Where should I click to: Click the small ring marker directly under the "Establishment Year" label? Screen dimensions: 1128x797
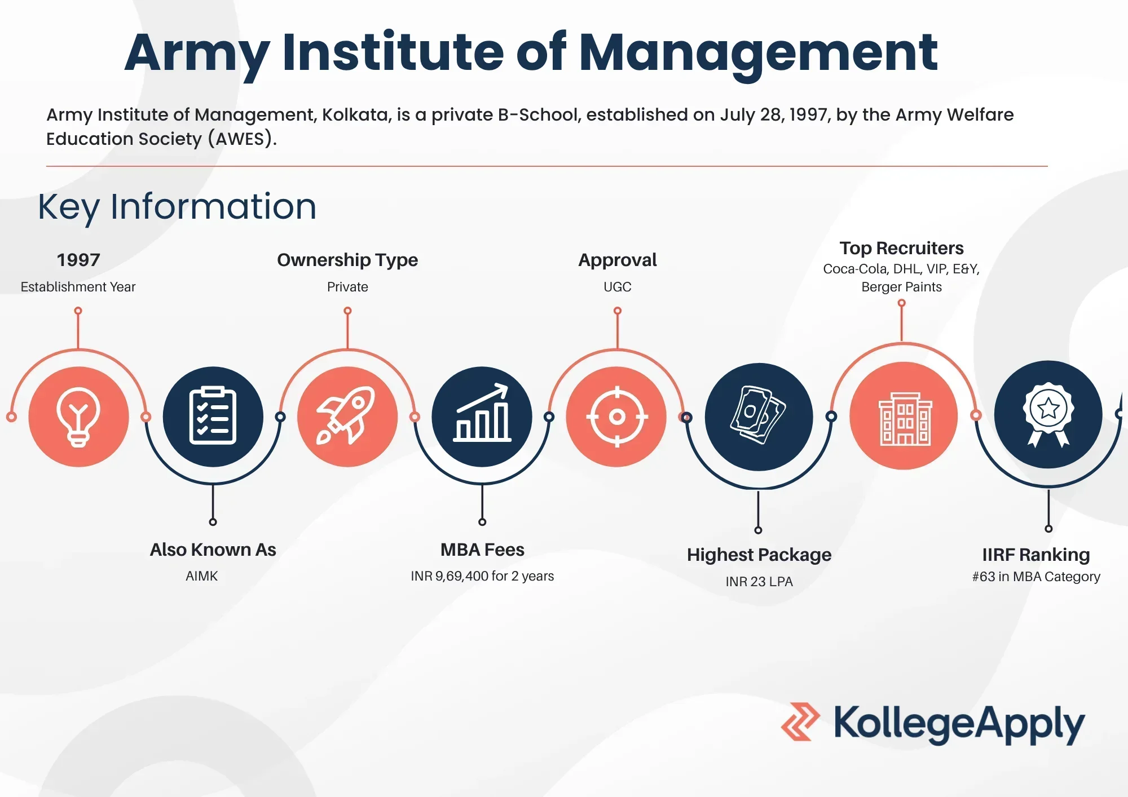[78, 311]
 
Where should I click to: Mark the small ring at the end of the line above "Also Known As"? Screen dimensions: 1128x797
[213, 522]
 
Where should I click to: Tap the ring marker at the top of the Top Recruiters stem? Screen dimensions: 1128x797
[901, 303]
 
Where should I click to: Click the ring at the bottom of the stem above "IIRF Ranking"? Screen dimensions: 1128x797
[1048, 529]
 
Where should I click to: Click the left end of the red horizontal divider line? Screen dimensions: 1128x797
[46, 166]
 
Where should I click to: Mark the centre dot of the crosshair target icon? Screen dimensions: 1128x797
[617, 417]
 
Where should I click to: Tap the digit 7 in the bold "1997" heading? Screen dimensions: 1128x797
[95, 260]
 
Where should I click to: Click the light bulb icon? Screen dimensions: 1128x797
[78, 417]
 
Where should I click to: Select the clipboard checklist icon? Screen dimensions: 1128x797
[213, 416]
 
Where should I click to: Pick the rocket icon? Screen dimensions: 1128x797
[345, 415]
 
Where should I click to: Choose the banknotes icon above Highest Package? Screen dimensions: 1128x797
[758, 415]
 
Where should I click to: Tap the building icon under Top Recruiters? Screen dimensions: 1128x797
[905, 419]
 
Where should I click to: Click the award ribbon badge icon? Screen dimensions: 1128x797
[1048, 415]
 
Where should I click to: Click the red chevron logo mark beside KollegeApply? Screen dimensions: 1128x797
[800, 721]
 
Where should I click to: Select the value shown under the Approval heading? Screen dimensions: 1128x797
[617, 287]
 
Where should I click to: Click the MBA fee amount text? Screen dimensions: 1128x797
[482, 576]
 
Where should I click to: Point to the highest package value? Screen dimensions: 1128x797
[759, 581]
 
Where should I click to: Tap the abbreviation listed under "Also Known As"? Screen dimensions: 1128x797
[201, 576]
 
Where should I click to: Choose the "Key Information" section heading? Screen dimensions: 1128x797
[177, 207]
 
